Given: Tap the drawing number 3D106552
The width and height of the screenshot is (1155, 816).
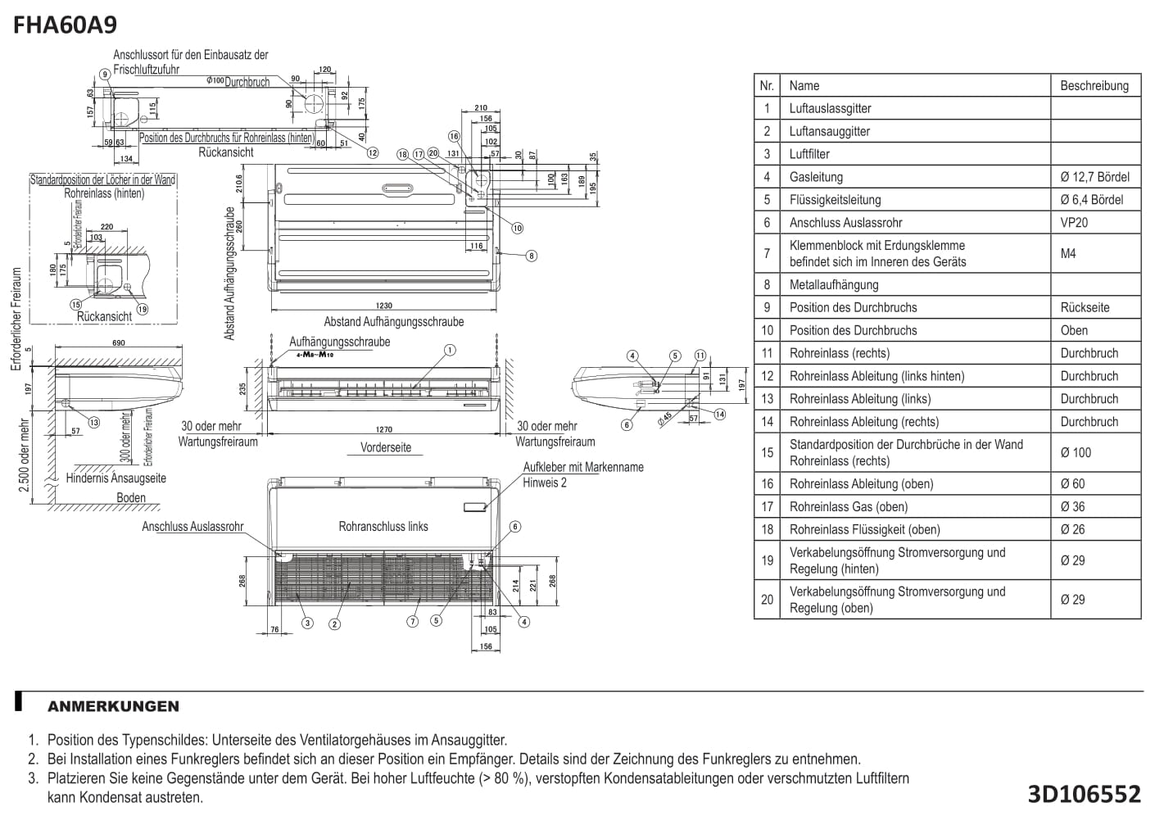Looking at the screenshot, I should pos(1084,793).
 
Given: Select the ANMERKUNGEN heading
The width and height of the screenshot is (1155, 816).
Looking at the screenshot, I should pos(113,706).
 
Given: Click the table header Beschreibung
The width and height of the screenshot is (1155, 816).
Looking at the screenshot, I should pos(1094,85).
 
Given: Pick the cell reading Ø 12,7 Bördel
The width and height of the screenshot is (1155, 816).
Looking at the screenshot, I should pos(1094,177).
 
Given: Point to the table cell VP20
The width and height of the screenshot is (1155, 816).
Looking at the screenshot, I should pos(1074,223).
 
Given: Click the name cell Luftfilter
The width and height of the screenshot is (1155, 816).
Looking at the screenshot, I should pos(809,154).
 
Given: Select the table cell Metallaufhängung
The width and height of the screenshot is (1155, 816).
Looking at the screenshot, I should pos(833,285).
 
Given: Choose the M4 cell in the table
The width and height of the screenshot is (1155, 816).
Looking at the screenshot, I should pos(1068,254).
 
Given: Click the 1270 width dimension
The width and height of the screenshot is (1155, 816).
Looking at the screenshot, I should pos(383,428).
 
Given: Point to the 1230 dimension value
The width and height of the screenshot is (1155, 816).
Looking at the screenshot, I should pos(383,306).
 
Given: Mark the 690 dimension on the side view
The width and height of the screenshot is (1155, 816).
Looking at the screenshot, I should pos(119,342).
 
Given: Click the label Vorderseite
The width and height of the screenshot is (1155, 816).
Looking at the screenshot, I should pos(386,447).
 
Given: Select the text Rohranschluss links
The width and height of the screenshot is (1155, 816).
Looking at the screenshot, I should pos(383,527).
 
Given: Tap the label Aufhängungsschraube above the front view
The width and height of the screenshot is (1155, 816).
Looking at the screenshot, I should pos(339,342).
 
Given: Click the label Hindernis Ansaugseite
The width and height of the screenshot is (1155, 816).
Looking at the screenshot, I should pos(116,478).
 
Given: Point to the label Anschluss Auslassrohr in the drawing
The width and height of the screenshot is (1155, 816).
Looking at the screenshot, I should pos(192,527).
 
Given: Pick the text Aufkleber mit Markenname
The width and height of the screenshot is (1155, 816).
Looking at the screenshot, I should pos(583,467).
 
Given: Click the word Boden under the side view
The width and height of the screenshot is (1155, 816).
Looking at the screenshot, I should pos(131,497).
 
